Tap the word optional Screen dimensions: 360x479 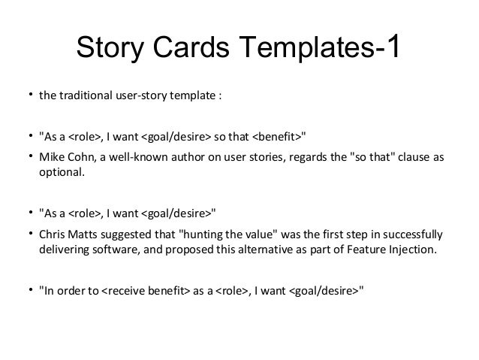62,172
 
